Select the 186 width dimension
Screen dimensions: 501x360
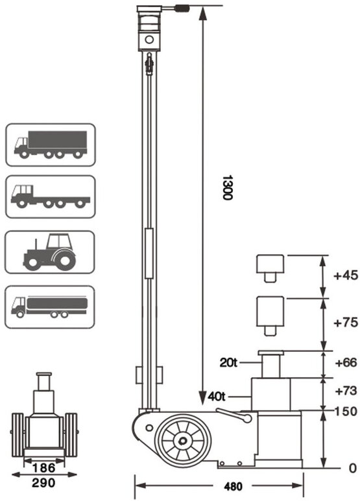click(44, 466)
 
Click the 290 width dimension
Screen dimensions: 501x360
click(44, 482)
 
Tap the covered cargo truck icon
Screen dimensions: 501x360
click(50, 144)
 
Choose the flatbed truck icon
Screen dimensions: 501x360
click(50, 196)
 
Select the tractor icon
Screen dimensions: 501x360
click(50, 251)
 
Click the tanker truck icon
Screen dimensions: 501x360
click(50, 306)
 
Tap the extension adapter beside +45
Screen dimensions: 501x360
click(270, 266)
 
